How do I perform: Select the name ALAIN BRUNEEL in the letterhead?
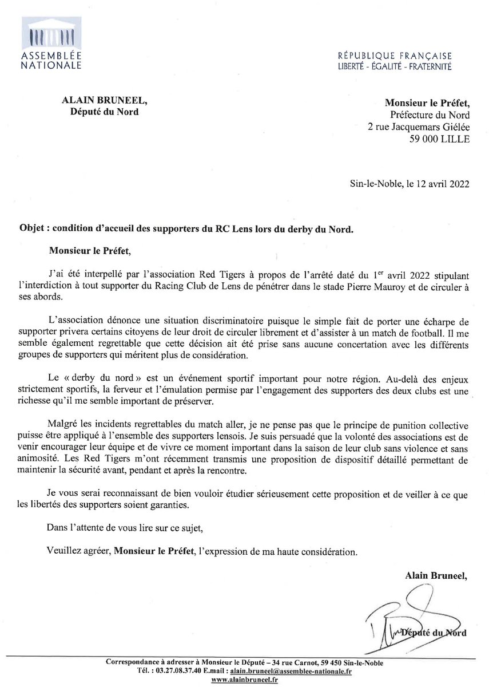pyautogui.click(x=104, y=101)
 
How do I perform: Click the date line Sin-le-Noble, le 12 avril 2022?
pyautogui.click(x=409, y=184)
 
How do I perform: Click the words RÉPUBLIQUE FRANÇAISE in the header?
pyautogui.click(x=394, y=56)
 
